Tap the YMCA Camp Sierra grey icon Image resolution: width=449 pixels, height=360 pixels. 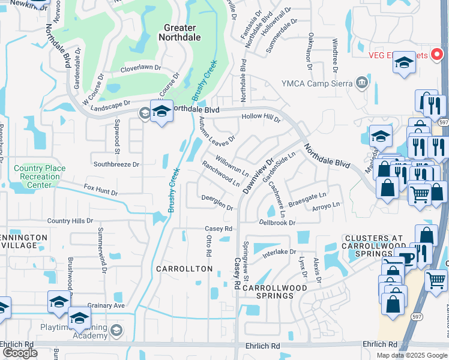click(x=362, y=83)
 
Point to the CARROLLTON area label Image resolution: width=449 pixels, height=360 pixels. click(x=184, y=269)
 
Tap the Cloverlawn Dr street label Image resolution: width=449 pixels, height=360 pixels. click(x=140, y=68)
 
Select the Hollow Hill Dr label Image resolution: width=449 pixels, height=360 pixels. click(x=261, y=118)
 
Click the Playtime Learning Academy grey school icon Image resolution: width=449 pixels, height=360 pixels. click(x=116, y=329)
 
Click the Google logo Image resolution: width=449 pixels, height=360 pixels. click(x=20, y=353)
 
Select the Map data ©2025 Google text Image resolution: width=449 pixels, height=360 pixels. click(x=411, y=355)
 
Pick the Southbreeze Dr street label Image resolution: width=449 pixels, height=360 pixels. click(x=116, y=164)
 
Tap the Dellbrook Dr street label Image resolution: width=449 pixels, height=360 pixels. click(x=277, y=223)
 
